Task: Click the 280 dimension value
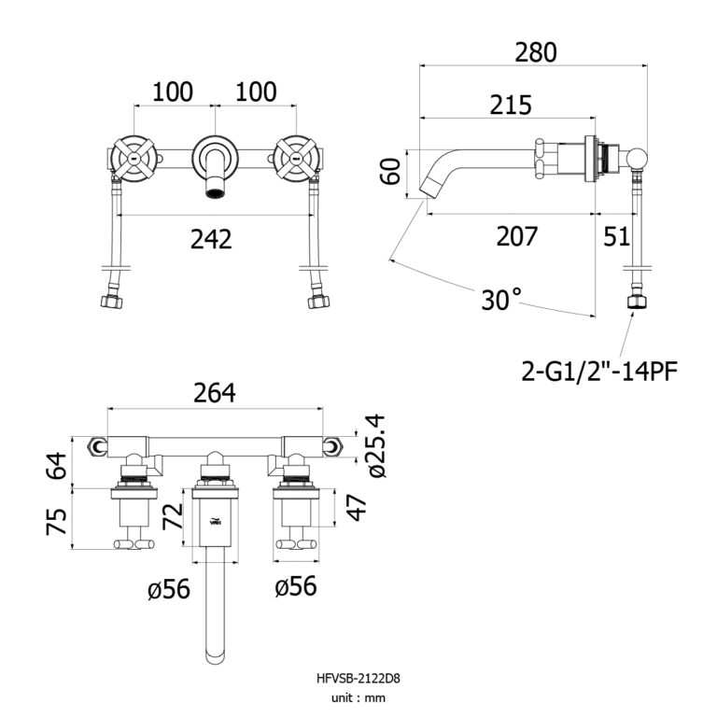[536, 52]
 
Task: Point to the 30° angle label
[501, 300]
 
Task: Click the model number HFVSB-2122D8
[358, 679]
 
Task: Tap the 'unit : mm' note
[358, 697]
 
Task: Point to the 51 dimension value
[617, 237]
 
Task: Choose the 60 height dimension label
[392, 172]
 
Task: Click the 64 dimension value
[57, 464]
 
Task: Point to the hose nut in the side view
[638, 303]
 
